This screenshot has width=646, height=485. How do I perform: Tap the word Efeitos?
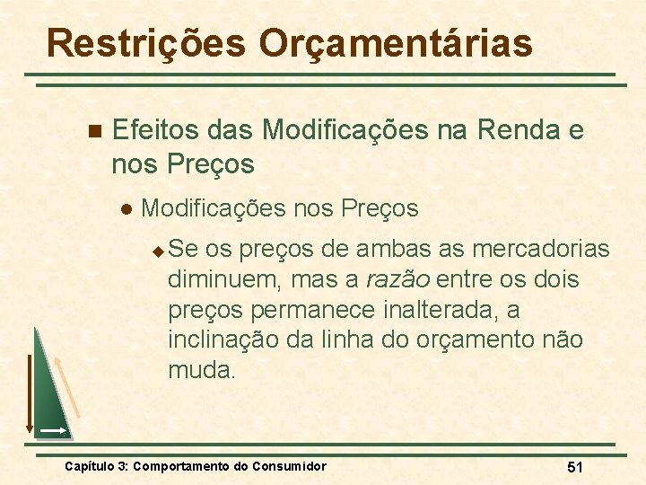pos(156,131)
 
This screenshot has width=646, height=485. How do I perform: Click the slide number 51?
pos(575,467)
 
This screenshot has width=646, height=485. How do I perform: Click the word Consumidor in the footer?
pos(289,466)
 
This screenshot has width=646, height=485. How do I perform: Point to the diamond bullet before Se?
pos(158,249)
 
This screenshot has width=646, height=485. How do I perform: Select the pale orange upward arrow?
pos(69,386)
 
